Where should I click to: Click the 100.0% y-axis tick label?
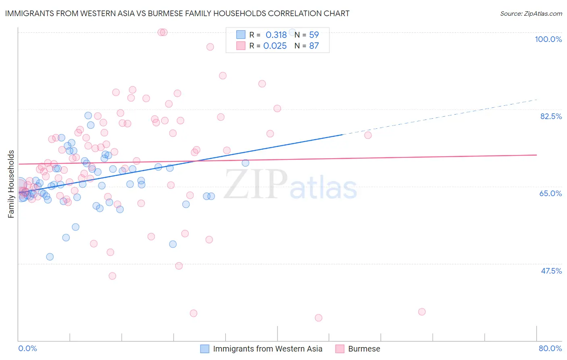tap(548, 39)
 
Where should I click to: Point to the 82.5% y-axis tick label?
tap(551, 116)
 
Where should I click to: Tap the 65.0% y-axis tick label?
tap(550, 193)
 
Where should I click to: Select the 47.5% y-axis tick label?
tap(551, 271)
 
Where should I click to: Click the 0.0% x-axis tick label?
tap(27, 348)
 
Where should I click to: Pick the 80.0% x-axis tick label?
tap(550, 348)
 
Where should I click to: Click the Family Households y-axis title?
tap(11, 184)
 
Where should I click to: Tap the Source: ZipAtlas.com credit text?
tap(531, 13)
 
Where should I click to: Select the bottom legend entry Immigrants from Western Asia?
tap(267, 349)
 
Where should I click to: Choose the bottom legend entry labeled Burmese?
tap(364, 349)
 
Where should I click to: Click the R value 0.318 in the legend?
tap(276, 35)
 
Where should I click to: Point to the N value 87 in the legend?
tap(314, 46)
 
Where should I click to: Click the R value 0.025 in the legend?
tap(275, 46)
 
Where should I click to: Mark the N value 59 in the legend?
tap(314, 35)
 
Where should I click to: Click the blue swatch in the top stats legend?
tap(241, 35)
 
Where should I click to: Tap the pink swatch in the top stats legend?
tap(241, 46)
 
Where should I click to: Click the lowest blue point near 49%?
tap(50, 257)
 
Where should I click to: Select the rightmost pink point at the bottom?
tap(422, 312)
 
